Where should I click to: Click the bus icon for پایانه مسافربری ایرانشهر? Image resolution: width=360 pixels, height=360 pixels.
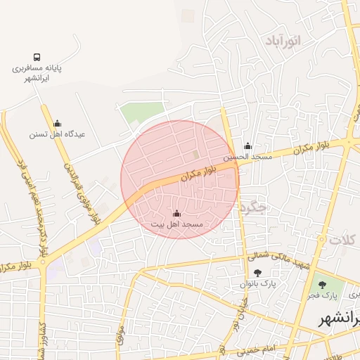[x=37, y=57]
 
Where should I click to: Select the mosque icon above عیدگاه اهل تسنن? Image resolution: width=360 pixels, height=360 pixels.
[x=57, y=123]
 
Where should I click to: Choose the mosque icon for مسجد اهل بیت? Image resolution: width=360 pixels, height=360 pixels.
[x=176, y=213]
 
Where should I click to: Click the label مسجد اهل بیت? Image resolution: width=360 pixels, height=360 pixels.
[x=176, y=224]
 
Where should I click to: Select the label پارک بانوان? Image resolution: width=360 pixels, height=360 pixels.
[x=258, y=284]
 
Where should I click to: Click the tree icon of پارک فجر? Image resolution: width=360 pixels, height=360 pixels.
[x=322, y=285]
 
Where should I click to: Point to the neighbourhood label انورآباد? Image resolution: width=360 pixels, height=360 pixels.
[x=283, y=41]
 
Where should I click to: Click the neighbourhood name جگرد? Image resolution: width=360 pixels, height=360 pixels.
[x=252, y=208]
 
